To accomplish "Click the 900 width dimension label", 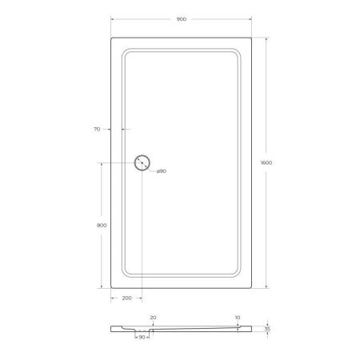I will pyautogui.click(x=182, y=18).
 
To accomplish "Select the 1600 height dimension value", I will pyautogui.click(x=266, y=162).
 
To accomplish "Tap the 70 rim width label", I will pyautogui.click(x=97, y=128).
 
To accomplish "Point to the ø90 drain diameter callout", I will pyautogui.click(x=161, y=171).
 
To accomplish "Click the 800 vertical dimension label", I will pyautogui.click(x=102, y=225).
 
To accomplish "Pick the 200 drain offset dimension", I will pyautogui.click(x=126, y=298).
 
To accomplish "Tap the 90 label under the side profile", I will pyautogui.click(x=142, y=338).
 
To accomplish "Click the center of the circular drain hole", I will pyautogui.click(x=142, y=162).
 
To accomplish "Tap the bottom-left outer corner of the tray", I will pyautogui.click(x=110, y=288).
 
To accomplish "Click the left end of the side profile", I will pyautogui.click(x=111, y=327).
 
